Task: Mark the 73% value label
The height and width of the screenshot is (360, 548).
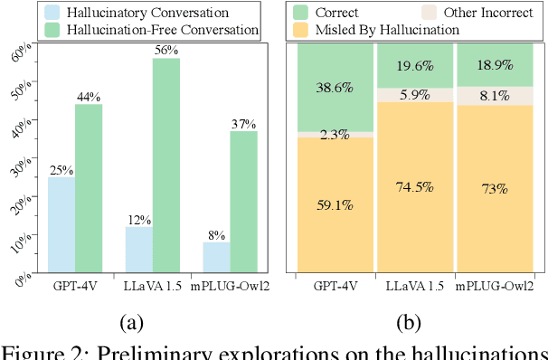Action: pos(493,187)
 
